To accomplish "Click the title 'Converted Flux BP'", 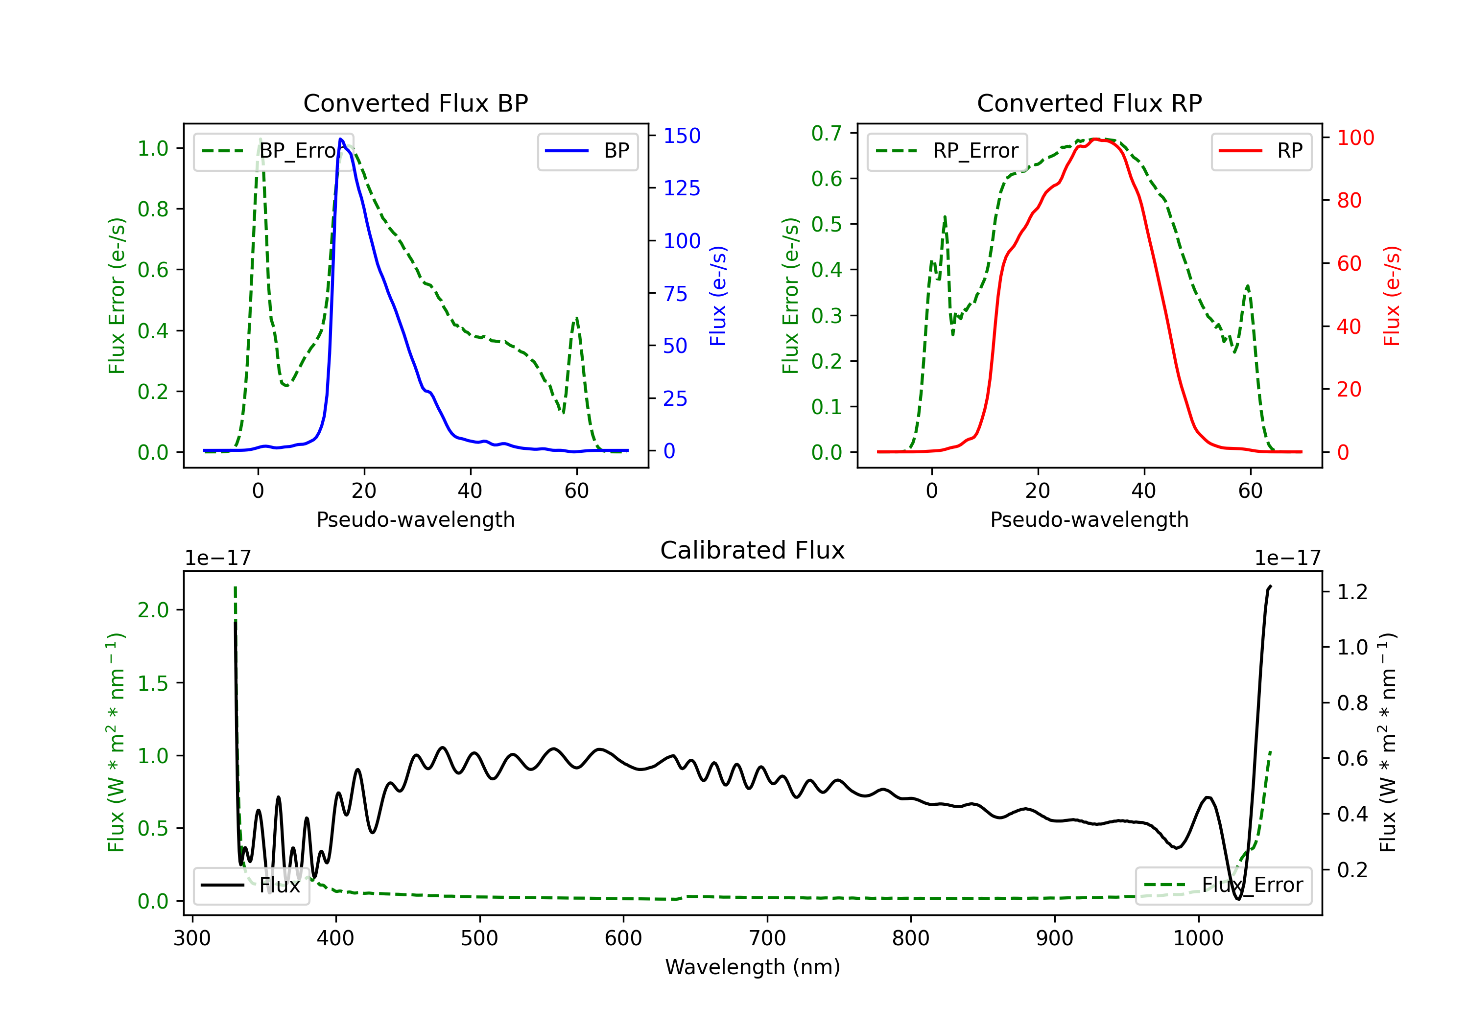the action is (415, 103).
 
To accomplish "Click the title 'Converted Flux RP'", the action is (1089, 103).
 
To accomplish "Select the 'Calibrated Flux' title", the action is (753, 550).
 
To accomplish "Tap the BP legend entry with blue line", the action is (587, 151).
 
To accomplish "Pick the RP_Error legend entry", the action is (947, 151).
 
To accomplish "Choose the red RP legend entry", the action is (1261, 151).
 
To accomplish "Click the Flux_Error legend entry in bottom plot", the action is (1223, 886).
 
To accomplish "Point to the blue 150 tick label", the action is (682, 136).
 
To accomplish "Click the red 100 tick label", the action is (1356, 138).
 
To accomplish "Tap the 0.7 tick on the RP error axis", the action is (827, 133).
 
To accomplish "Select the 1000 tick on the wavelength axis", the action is (1198, 938).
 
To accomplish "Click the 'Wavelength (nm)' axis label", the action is (753, 967).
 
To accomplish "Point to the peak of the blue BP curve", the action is (340, 139).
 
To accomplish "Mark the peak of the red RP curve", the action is (1095, 139).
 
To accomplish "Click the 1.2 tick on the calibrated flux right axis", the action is (1352, 592).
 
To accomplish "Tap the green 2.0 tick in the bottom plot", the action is (153, 609).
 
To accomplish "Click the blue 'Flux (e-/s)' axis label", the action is (718, 296).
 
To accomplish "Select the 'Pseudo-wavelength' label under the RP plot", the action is (1089, 519).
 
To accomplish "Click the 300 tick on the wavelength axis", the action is (192, 938).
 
